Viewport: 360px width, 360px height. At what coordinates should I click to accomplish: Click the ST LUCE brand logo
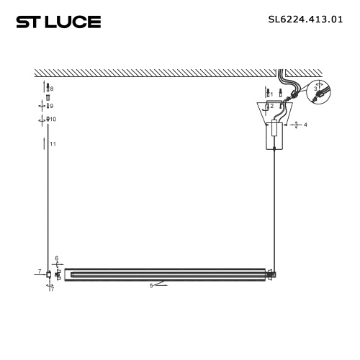pos(58,22)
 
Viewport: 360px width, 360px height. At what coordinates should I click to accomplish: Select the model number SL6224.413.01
pos(305,19)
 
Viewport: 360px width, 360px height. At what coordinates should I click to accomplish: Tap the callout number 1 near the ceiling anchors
pos(271,94)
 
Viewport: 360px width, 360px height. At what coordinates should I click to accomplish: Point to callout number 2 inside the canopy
pos(272,106)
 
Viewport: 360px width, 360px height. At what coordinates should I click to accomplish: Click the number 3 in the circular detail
pos(315,89)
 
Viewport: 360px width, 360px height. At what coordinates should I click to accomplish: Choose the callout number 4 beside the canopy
pos(305,125)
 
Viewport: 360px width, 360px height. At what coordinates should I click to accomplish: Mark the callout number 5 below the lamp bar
pos(151,286)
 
